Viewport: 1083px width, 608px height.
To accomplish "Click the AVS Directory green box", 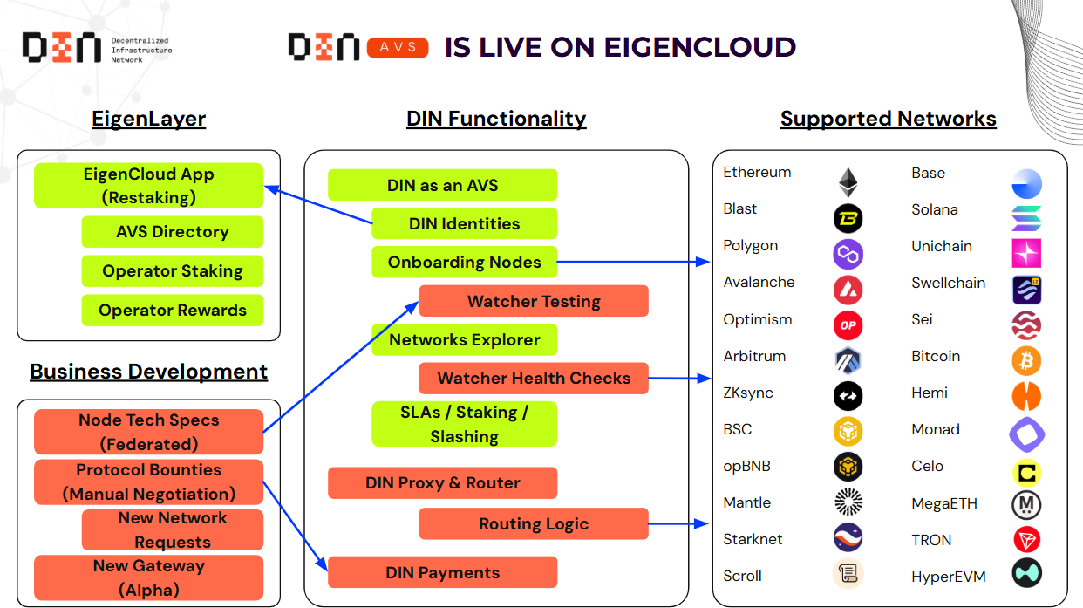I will point(173,232).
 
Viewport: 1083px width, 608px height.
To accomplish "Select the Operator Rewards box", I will point(173,311).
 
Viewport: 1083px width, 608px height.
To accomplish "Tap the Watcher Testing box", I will point(534,301).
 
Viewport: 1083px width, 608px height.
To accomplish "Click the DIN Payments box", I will point(442,572).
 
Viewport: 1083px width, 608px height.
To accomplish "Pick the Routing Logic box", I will point(534,523).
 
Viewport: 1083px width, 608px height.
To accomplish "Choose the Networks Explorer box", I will point(464,339).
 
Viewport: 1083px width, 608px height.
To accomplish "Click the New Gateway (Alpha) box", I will point(148,577).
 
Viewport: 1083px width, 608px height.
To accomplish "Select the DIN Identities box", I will point(464,223).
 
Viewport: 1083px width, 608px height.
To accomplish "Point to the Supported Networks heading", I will point(888,119).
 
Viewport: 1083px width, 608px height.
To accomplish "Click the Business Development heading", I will point(148,372).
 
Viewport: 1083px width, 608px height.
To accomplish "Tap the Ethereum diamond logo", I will point(848,181).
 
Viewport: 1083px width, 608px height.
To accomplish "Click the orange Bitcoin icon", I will point(1026,360).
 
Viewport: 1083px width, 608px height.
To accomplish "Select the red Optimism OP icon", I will point(848,324).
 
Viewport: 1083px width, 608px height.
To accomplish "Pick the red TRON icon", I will point(1026,540).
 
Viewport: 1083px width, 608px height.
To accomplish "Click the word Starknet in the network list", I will point(753,539).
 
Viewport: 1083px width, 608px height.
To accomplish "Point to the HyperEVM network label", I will point(947,577).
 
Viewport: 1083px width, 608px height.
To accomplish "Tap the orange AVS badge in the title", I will point(398,47).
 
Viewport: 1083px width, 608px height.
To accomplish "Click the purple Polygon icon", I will point(848,254).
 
